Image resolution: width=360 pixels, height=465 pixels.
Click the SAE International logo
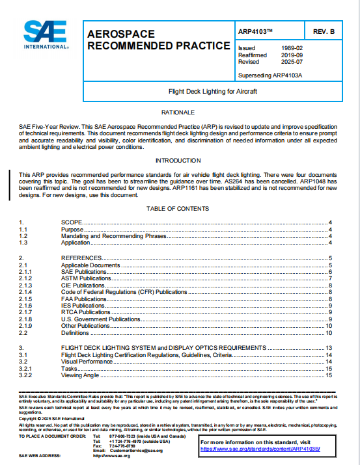[x=44, y=35]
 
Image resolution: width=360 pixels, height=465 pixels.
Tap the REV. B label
[x=324, y=31]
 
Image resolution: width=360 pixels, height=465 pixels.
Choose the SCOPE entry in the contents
[x=72, y=223]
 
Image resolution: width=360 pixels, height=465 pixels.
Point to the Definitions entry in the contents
[x=75, y=332]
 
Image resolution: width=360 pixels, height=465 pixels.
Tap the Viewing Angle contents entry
[x=79, y=375]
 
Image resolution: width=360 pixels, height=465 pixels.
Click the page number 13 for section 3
[x=329, y=348]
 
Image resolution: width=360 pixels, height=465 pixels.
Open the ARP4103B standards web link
[x=260, y=449]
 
